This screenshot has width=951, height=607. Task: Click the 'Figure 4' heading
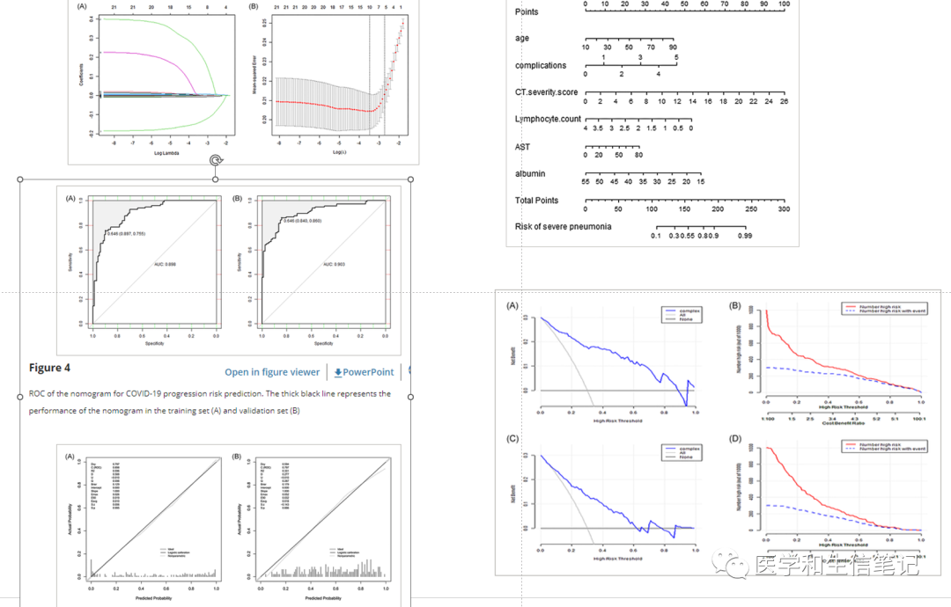click(x=49, y=368)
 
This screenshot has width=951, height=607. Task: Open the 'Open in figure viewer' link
click(x=272, y=372)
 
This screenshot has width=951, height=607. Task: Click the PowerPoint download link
click(x=364, y=372)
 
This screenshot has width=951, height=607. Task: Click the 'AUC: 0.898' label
click(x=166, y=264)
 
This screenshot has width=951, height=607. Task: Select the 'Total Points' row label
click(x=536, y=201)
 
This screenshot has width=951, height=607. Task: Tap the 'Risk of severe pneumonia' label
click(x=563, y=227)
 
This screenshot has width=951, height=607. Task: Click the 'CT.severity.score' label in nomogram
click(x=547, y=91)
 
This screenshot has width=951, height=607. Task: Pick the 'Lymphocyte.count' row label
click(x=548, y=118)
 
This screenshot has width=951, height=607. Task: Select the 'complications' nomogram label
click(x=541, y=65)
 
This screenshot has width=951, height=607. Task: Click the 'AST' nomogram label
click(x=522, y=146)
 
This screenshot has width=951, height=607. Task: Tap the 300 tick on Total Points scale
click(x=784, y=208)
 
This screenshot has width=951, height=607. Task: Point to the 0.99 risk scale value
click(x=745, y=236)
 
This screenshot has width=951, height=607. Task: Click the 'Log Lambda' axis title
click(x=166, y=153)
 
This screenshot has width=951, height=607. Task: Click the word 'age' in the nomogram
click(x=522, y=38)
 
